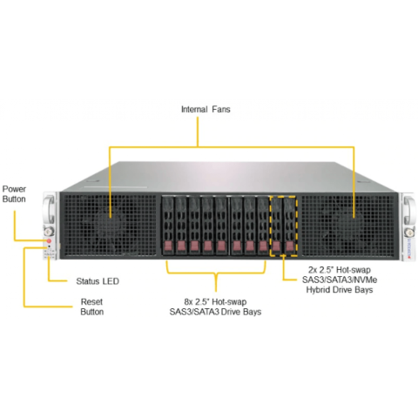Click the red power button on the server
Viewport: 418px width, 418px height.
click(49, 240)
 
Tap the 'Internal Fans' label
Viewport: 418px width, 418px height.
click(206, 110)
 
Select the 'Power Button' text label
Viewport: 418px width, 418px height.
click(14, 194)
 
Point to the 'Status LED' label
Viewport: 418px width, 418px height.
click(98, 281)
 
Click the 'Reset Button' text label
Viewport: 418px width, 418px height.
click(92, 307)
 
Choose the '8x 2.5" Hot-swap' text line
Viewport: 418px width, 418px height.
click(215, 301)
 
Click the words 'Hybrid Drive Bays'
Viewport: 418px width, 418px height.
click(340, 290)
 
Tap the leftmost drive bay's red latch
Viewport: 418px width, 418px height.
click(168, 246)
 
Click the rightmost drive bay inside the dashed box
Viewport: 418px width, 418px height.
click(290, 226)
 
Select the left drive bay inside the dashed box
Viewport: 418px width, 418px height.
click(277, 226)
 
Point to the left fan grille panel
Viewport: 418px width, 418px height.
click(110, 226)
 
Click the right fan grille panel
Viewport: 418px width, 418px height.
click(348, 226)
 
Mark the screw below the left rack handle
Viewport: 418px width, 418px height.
click(49, 232)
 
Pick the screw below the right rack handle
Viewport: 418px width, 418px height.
click(409, 233)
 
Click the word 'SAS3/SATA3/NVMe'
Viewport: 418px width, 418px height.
click(340, 280)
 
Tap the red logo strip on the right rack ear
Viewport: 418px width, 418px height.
click(409, 248)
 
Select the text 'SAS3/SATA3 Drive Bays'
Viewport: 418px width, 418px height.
click(215, 312)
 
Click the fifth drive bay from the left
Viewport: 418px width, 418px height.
click(221, 226)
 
